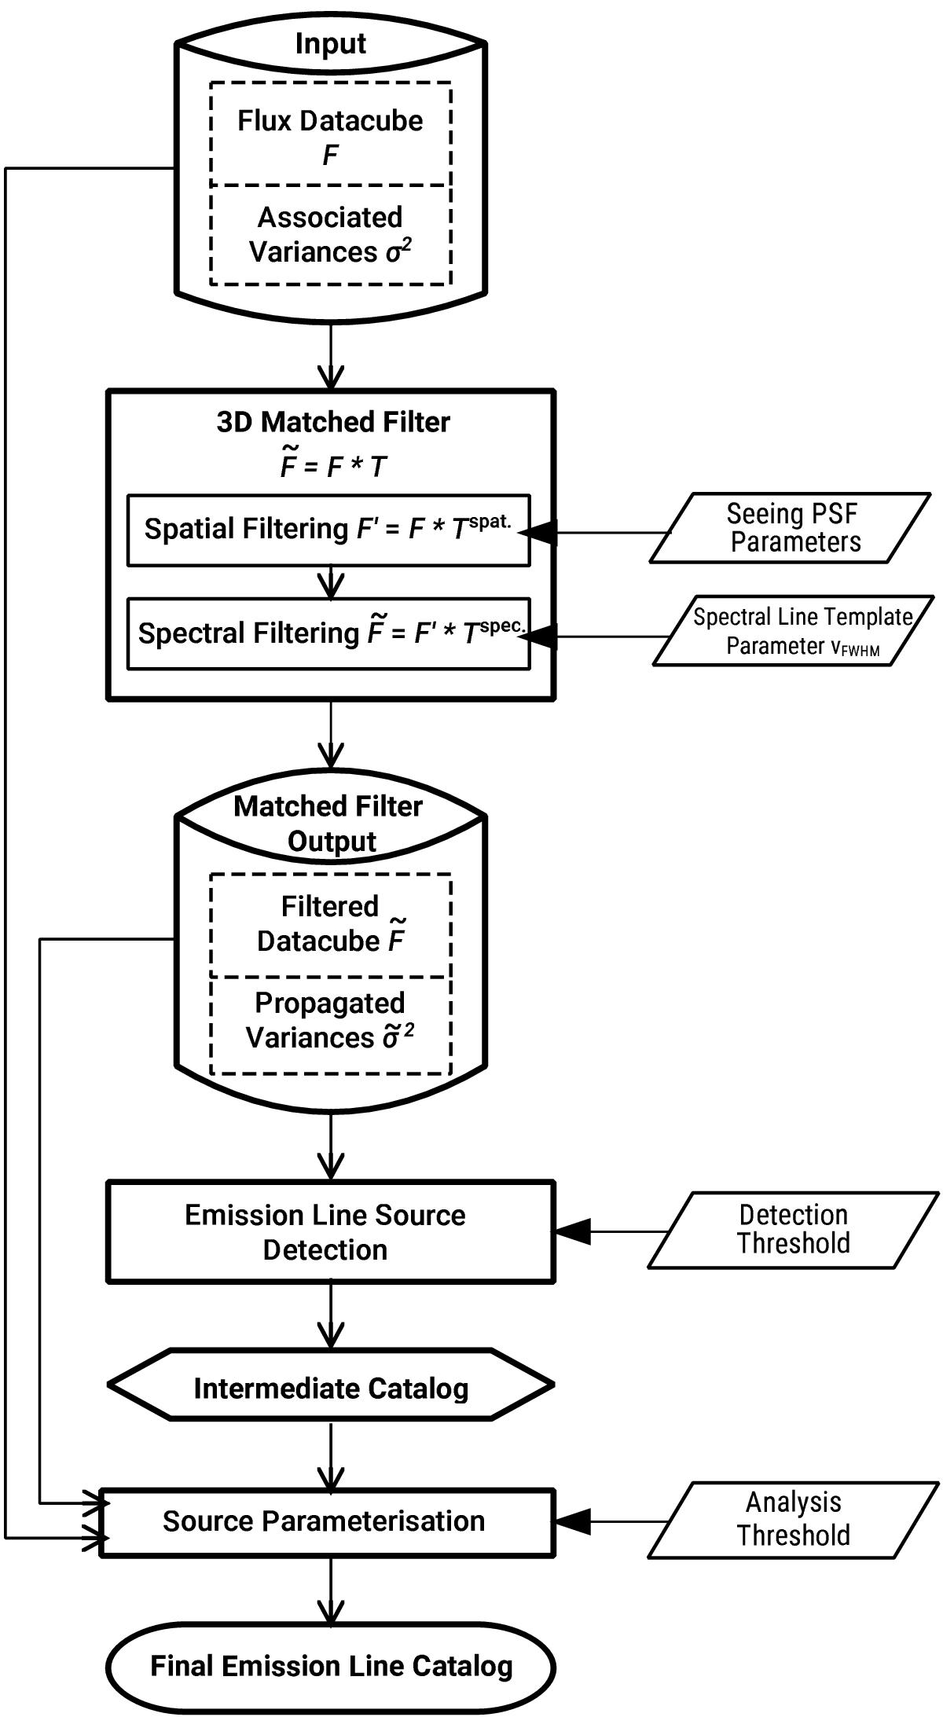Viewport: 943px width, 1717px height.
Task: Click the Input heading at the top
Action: [x=330, y=43]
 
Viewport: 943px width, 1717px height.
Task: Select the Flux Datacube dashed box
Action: [x=330, y=135]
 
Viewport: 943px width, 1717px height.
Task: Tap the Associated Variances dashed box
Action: [x=330, y=234]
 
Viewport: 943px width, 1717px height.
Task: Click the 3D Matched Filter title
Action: [x=333, y=422]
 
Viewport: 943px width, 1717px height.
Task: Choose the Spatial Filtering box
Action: [x=328, y=530]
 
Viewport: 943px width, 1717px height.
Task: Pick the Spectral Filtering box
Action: [x=328, y=633]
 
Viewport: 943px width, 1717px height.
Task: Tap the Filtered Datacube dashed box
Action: [x=330, y=924]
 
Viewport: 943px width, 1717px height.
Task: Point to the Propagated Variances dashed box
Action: [x=330, y=1022]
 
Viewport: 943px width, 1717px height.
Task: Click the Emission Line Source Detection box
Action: [x=330, y=1231]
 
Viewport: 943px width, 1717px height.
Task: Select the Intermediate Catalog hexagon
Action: [x=330, y=1389]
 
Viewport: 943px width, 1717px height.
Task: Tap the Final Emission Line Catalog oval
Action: [x=330, y=1666]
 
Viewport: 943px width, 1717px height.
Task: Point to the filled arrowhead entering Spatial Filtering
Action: [x=541, y=532]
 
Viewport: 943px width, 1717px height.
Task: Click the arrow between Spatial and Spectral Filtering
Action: [x=331, y=583]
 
